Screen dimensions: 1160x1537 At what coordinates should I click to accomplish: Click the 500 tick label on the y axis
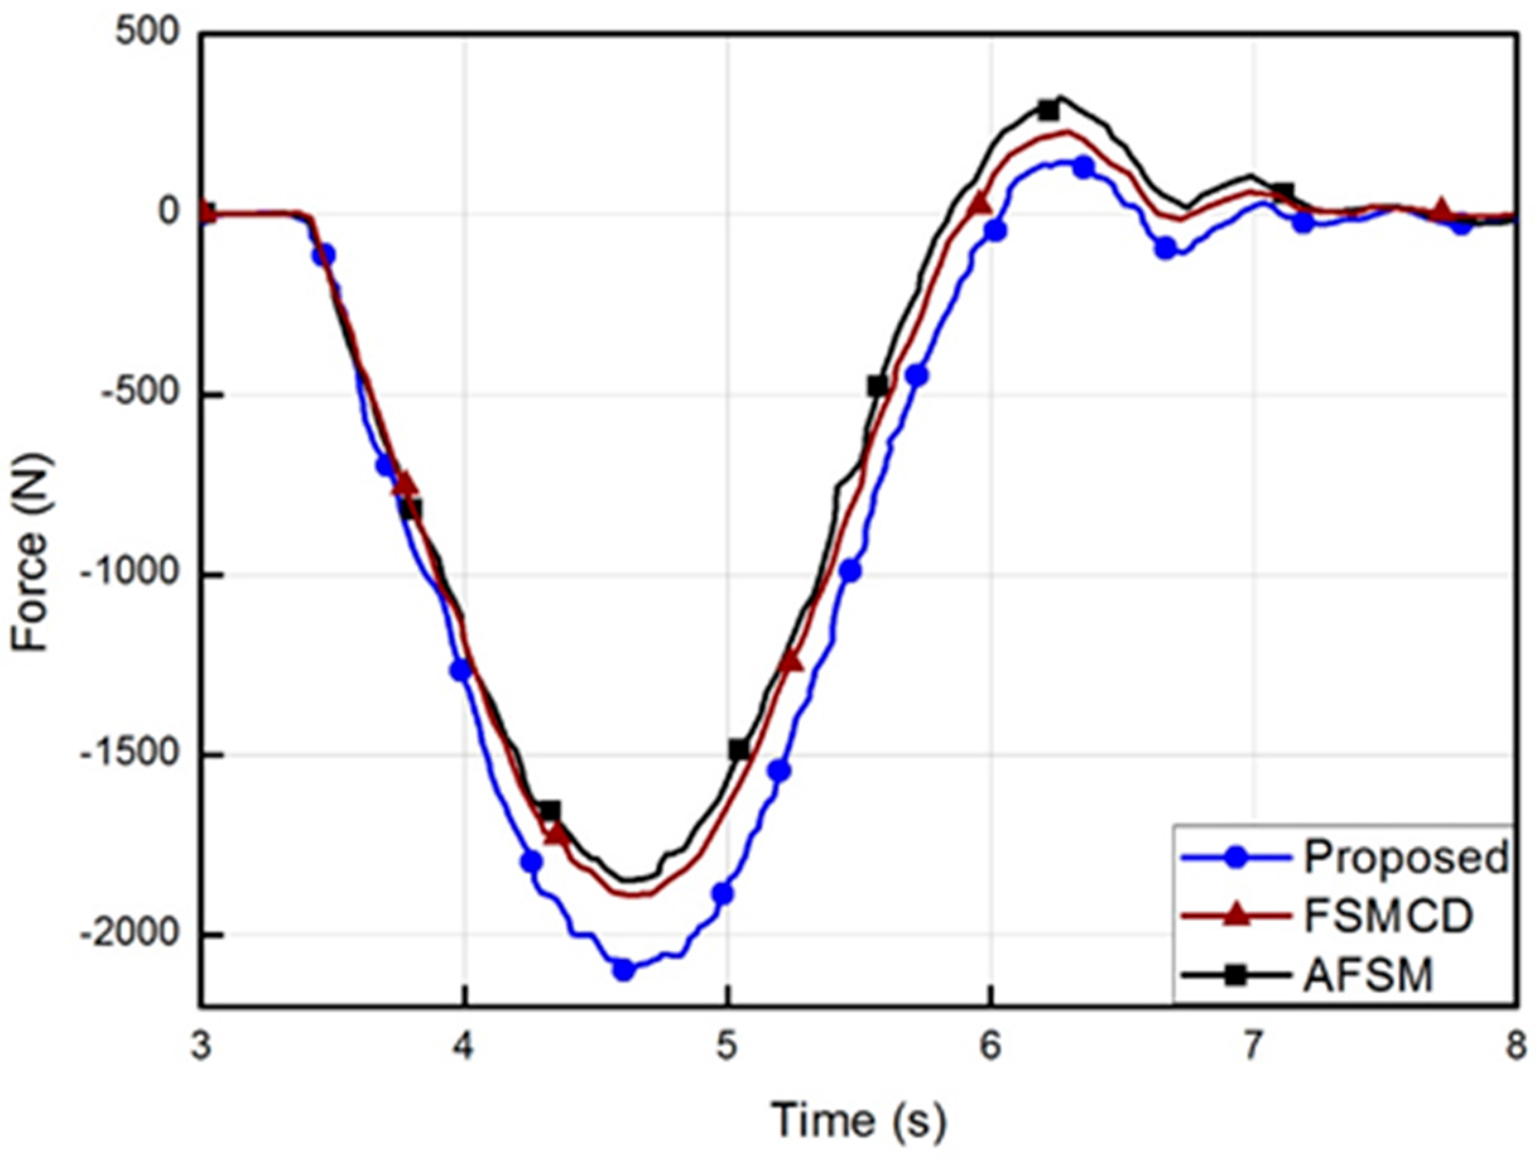point(148,33)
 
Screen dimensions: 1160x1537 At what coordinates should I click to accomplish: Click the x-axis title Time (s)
point(859,1120)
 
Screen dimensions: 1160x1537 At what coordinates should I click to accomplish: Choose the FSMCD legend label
point(1388,916)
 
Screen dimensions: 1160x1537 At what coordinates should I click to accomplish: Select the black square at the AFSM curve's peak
point(1048,110)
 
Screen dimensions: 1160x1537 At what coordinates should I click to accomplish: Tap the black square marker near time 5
point(739,750)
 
